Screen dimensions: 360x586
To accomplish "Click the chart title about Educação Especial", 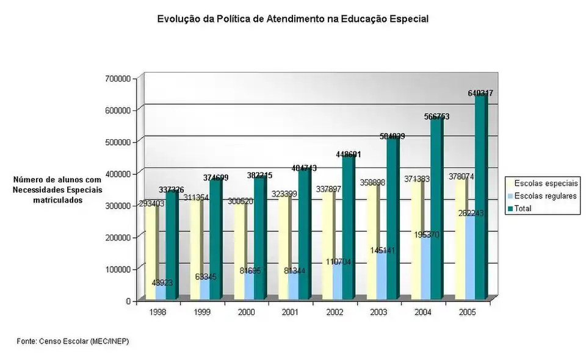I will point(293,19).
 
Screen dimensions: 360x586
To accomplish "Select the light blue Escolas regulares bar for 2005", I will point(469,259).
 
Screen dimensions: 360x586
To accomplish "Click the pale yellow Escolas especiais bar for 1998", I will point(150,250).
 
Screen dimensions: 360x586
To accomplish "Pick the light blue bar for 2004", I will point(425,268).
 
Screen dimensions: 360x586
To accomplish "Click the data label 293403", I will point(150,204).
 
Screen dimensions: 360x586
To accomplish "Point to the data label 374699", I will point(215,178).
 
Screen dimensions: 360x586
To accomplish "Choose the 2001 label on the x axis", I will point(289,312).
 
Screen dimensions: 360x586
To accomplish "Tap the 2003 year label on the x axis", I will point(377,312).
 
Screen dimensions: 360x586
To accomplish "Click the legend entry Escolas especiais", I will point(546,183).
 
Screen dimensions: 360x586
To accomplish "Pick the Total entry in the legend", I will point(523,208).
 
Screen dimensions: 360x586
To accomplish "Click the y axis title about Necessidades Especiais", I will point(57,190).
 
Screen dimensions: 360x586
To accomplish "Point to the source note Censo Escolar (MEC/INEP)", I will point(73,340).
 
